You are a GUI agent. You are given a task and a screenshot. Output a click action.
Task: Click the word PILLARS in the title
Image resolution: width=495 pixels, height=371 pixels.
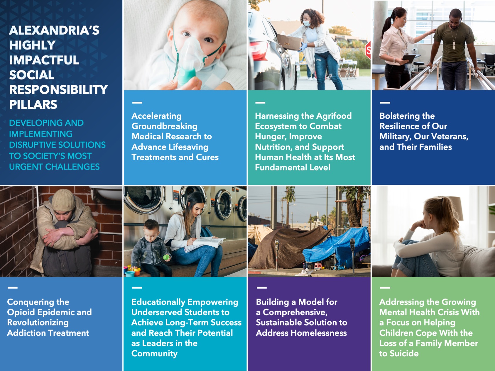pos(33,105)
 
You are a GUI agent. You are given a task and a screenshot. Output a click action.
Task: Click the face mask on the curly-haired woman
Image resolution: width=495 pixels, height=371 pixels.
pos(307,23)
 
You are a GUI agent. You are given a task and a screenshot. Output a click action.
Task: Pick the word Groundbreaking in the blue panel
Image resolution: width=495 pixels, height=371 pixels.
pos(164,126)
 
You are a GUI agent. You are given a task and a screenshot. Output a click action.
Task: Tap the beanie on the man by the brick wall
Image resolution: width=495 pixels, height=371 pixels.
pos(63,200)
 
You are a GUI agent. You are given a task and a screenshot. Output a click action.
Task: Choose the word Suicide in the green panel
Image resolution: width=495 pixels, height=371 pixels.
pos(404,354)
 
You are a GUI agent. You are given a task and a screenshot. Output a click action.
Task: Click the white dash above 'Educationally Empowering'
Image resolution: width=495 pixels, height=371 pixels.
pos(137,288)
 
